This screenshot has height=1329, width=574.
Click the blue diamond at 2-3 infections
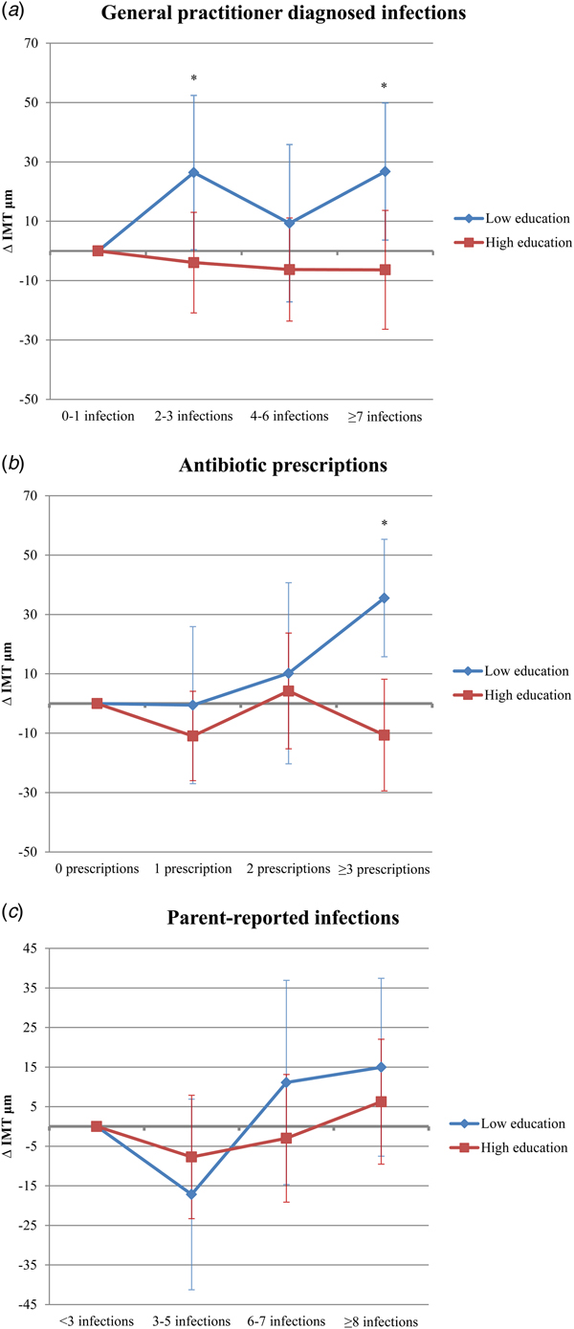pos(193,173)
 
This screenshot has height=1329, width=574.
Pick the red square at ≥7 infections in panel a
pos(385,270)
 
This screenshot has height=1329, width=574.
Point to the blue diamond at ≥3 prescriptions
pos(385,598)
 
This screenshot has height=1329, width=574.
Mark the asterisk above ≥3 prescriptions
pos(385,524)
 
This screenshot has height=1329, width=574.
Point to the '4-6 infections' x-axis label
pos(288,417)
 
